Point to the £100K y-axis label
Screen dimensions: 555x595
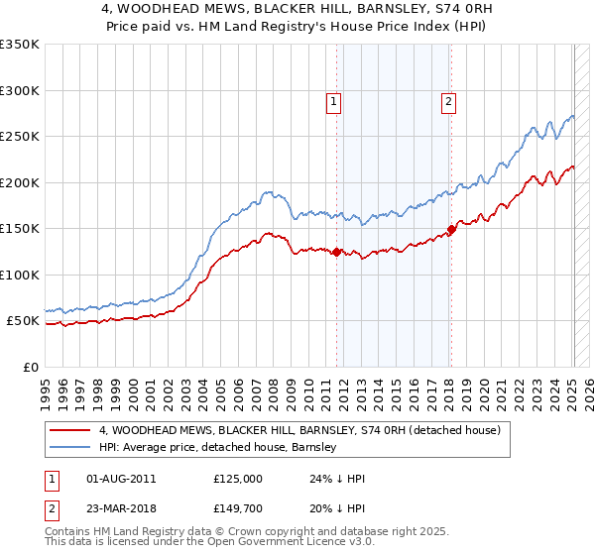tap(20, 275)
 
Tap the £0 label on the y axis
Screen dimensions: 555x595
tap(31, 367)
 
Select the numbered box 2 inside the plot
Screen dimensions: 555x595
tap(448, 100)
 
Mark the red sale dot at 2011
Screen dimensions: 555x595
tap(337, 252)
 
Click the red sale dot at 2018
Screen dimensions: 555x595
tap(452, 229)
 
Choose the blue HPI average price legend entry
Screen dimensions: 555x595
tap(218, 447)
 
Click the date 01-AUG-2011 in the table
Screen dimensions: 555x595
tap(122, 479)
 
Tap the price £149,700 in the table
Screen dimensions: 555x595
tap(238, 508)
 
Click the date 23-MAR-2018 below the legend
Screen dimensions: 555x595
tap(122, 508)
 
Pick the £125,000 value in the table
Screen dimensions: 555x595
tap(238, 479)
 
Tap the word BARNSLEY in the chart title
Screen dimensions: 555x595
tap(374, 7)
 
